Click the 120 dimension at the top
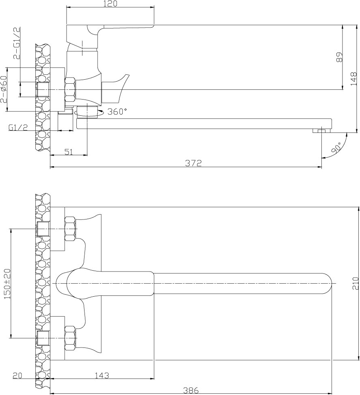coord(110,4)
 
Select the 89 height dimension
coord(340,57)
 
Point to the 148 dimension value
coord(353,79)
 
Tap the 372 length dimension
coord(193,163)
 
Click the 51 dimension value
coord(69,152)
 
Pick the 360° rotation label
coord(117,112)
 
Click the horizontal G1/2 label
coord(18,128)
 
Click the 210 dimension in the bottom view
coord(355,283)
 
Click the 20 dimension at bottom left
coord(17,375)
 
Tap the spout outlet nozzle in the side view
coord(321,130)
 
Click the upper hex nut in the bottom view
coord(70,228)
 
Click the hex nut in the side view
coord(70,89)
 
